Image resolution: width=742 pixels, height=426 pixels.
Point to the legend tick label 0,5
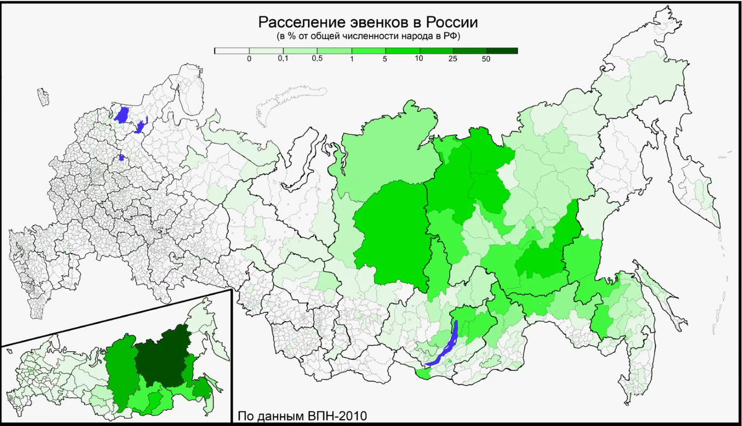[x=317, y=59]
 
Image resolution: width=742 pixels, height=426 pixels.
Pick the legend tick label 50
[x=486, y=59]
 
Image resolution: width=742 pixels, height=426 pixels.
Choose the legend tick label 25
[x=453, y=59]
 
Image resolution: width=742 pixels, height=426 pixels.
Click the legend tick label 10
[x=419, y=59]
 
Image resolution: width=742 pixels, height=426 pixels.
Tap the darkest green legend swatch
[x=501, y=51]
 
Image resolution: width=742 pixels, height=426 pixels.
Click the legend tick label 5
[x=385, y=59]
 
